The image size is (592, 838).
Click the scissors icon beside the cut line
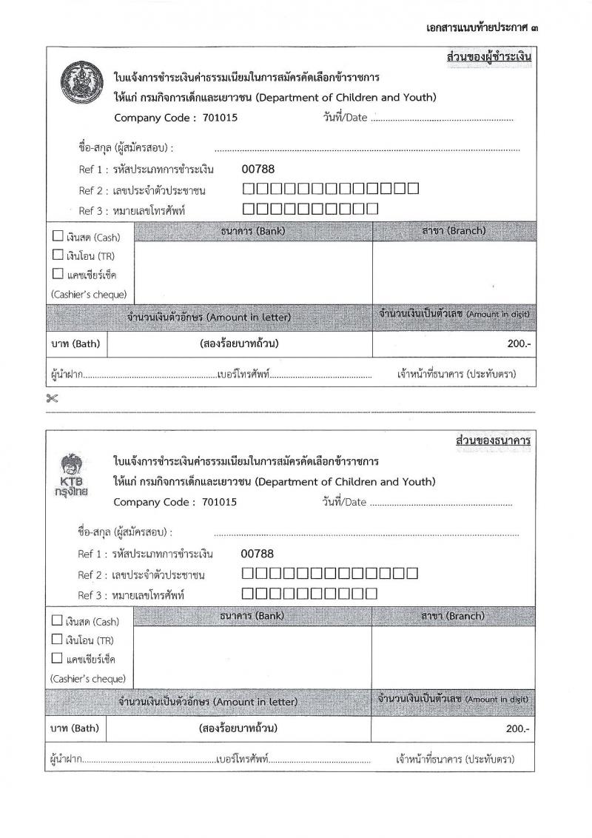(51, 398)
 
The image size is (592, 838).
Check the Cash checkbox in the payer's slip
(58, 237)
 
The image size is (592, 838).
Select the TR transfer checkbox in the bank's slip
(57, 639)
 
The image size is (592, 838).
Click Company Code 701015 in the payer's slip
(176, 117)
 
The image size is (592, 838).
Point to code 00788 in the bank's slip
(257, 553)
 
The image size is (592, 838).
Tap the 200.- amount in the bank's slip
(517, 728)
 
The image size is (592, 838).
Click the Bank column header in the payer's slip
(253, 231)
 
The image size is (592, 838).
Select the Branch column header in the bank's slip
(452, 616)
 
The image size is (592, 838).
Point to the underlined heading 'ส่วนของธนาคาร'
(494, 441)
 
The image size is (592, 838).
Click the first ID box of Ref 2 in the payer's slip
(249, 189)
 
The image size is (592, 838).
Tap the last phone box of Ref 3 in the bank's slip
(372, 592)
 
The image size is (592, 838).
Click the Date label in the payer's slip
(345, 118)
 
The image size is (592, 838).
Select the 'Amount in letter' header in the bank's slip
(206, 701)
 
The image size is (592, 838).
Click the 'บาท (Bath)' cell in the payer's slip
(75, 344)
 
